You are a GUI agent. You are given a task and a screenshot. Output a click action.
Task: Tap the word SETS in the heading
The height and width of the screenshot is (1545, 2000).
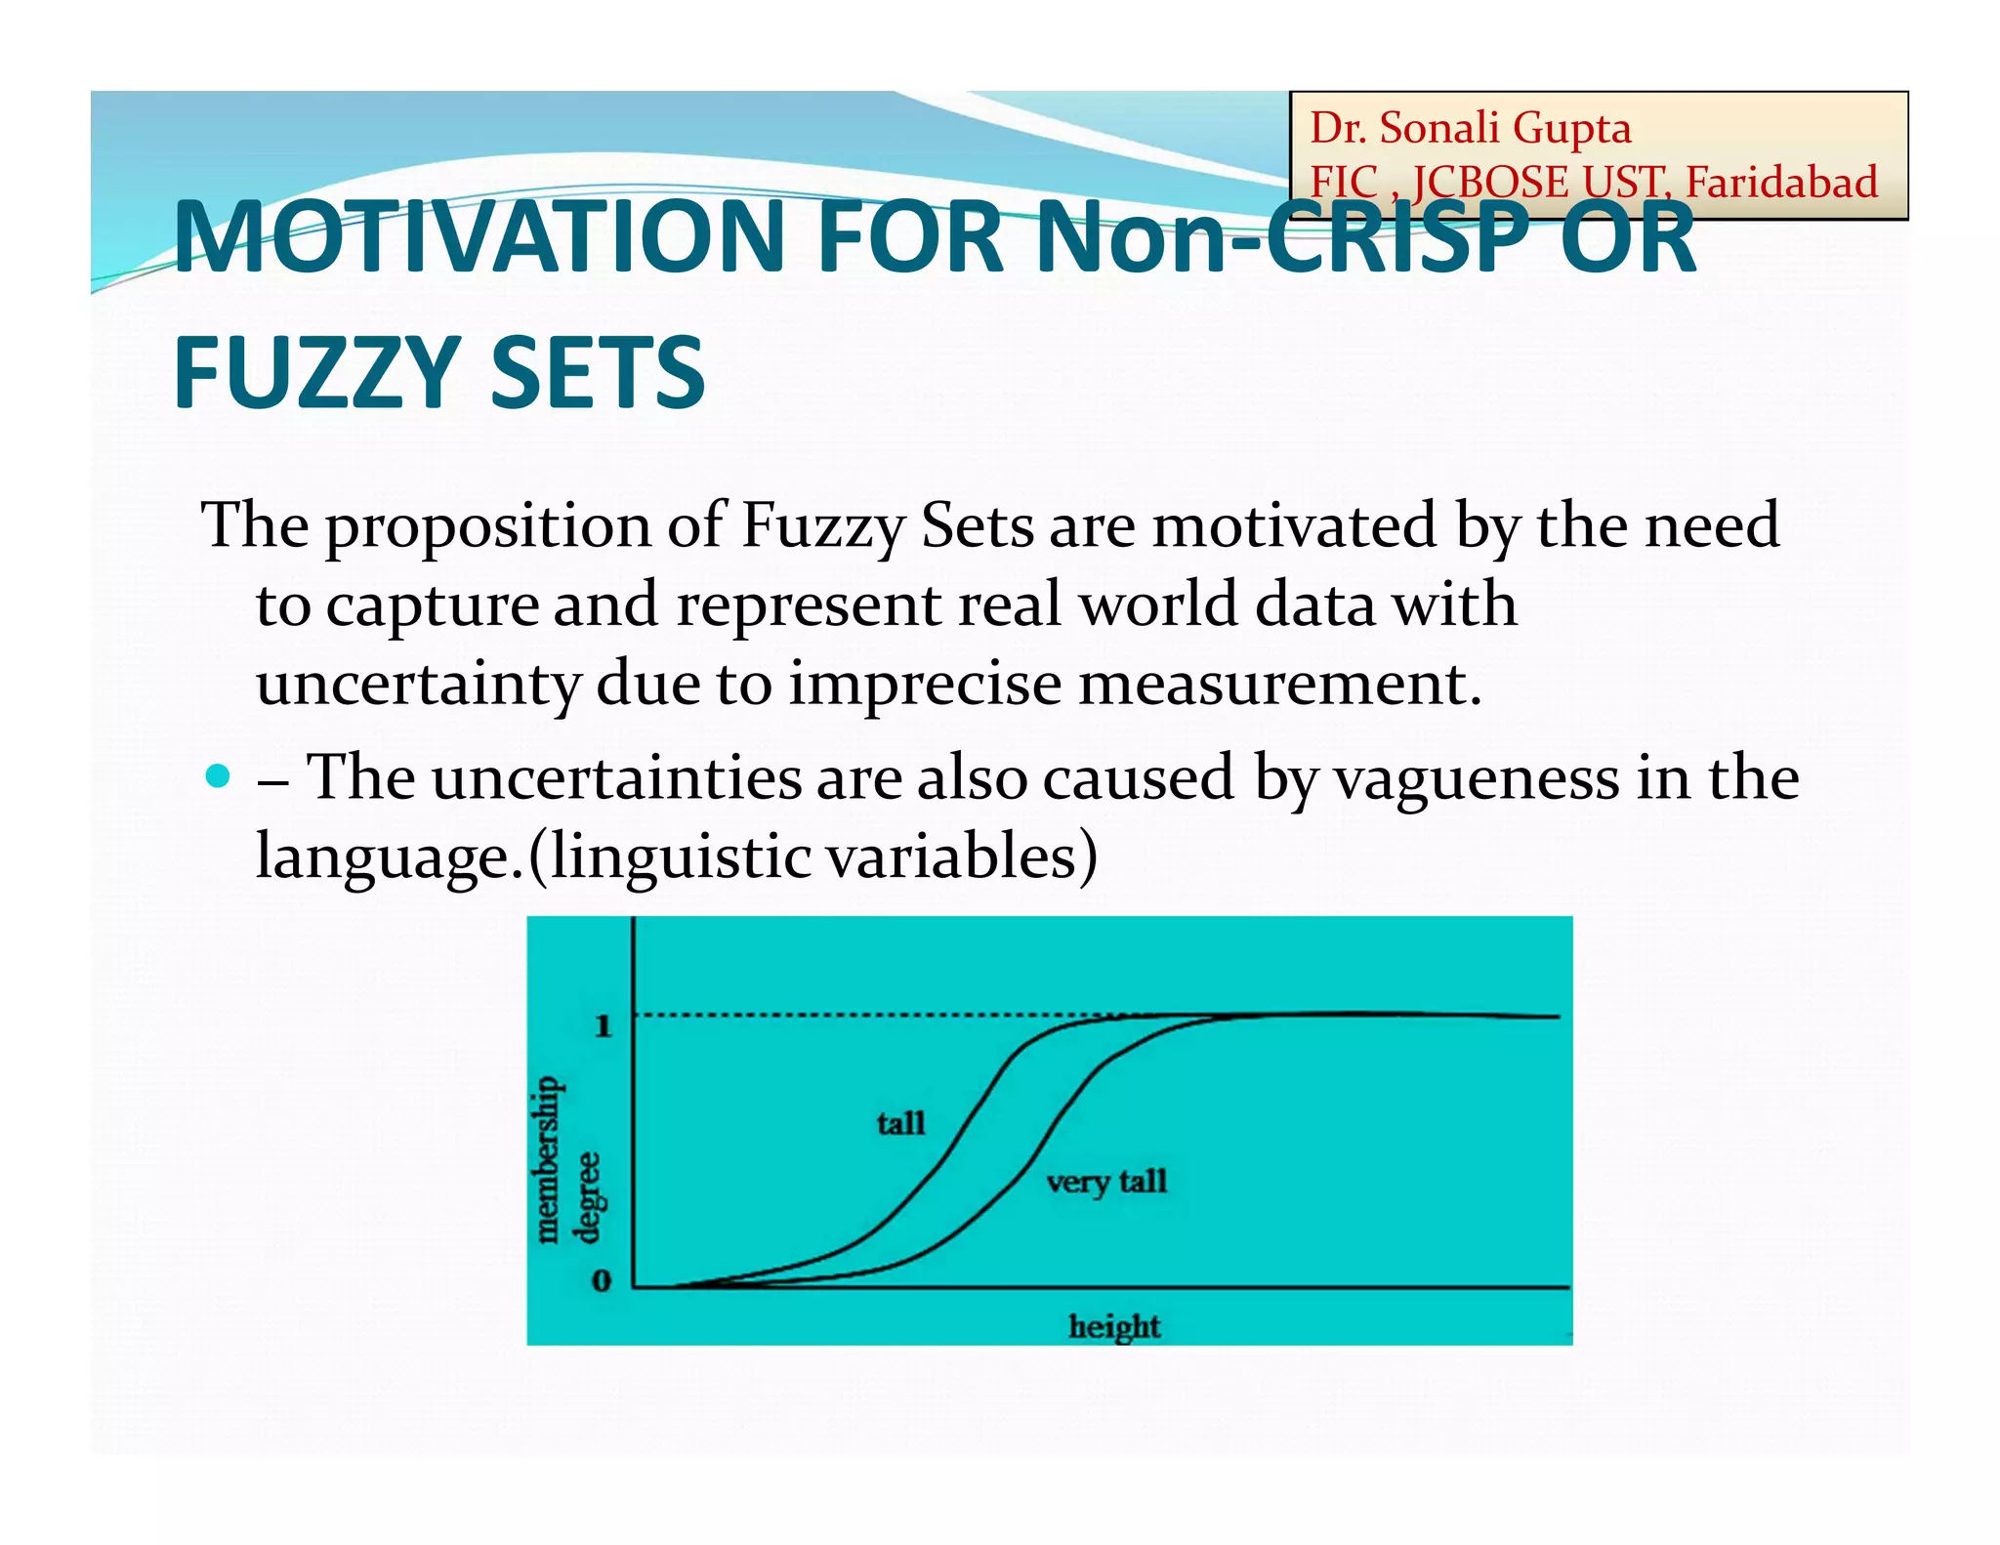pos(597,373)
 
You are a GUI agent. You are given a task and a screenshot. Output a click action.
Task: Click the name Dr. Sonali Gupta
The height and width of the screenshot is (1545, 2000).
pos(1470,128)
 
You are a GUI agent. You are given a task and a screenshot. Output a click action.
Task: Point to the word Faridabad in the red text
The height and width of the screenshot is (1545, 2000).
pos(1781,183)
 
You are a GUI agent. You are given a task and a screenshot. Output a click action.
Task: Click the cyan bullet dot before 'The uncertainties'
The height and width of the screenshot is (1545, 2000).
pos(218,777)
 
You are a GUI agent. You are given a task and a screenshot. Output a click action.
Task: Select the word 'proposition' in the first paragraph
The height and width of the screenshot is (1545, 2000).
pos(487,527)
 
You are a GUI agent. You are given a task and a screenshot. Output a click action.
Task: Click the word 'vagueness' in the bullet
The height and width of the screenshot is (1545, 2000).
pos(1476,778)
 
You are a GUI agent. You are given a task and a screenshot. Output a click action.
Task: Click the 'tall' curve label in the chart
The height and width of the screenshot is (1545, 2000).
pos(900,1123)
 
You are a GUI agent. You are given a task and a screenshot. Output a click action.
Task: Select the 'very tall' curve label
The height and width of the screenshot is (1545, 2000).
pos(1106,1183)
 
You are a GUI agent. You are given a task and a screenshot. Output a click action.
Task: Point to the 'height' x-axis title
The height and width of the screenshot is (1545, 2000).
pos(1114,1326)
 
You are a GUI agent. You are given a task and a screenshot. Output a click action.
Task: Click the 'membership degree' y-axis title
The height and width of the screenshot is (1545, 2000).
pos(566,1159)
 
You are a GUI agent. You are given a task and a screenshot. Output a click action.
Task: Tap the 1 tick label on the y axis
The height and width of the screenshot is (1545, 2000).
pos(604,1025)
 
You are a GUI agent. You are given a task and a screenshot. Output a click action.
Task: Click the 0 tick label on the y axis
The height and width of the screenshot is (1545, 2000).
pos(602,1280)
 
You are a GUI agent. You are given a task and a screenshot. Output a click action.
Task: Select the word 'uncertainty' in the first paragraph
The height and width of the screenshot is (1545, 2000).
pos(418,684)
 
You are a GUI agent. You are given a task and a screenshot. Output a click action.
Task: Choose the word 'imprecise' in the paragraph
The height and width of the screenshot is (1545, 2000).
pos(925,684)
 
